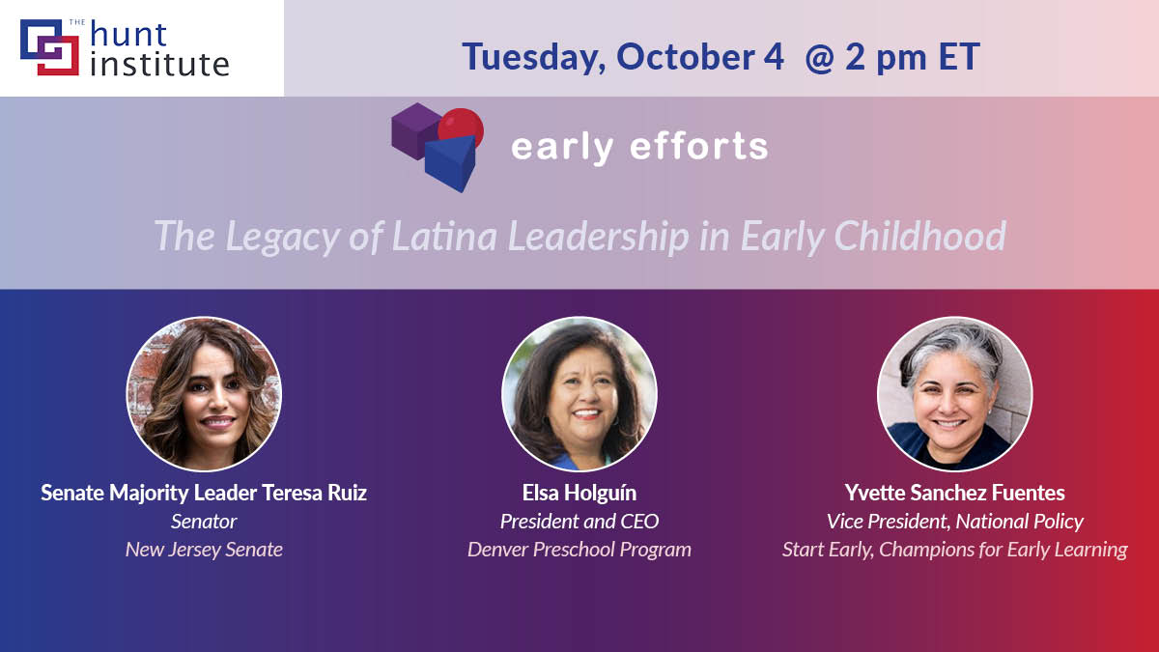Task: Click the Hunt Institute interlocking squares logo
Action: (x=49, y=47)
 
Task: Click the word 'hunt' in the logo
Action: (x=128, y=34)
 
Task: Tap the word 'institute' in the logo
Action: (x=159, y=64)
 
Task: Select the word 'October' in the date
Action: (x=686, y=56)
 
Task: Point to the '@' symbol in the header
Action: (x=820, y=57)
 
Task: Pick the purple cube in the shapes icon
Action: (x=414, y=131)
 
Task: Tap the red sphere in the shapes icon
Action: (x=462, y=127)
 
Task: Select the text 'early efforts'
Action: (x=639, y=147)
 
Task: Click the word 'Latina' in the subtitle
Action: (x=444, y=237)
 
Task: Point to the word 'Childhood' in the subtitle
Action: (x=919, y=237)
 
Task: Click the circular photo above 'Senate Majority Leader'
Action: (x=204, y=394)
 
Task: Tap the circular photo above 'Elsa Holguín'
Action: (x=579, y=394)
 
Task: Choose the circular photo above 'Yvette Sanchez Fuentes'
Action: (x=954, y=394)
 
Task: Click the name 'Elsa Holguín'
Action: (x=579, y=493)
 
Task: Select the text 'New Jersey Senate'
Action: (x=204, y=550)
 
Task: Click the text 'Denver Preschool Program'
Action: (x=579, y=550)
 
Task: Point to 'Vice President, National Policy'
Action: (x=954, y=521)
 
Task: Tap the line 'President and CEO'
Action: (x=579, y=521)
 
